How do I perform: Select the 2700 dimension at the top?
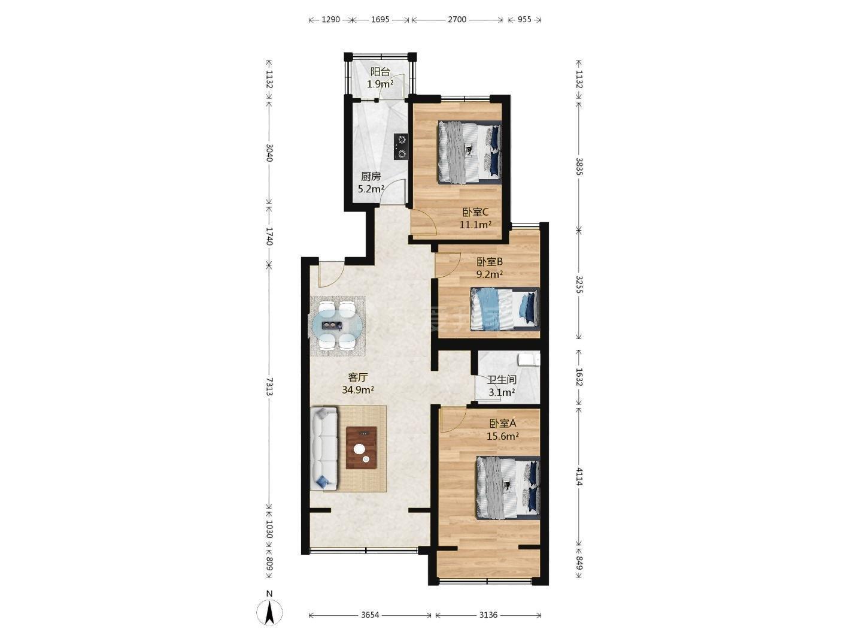(x=457, y=19)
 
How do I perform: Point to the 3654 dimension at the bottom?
(x=370, y=615)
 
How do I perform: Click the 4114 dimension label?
(x=579, y=476)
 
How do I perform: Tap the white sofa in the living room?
(x=324, y=449)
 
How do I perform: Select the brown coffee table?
(x=362, y=448)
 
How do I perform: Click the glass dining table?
(x=337, y=326)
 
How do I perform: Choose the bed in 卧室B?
(x=505, y=309)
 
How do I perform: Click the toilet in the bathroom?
(x=529, y=359)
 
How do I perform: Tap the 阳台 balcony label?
(x=380, y=72)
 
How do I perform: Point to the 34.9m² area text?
(x=358, y=390)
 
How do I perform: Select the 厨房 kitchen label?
(x=371, y=177)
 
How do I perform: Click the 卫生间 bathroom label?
(x=502, y=380)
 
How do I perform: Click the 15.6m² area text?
(x=503, y=436)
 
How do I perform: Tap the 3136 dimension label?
(x=488, y=615)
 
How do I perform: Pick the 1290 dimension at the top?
(x=330, y=19)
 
